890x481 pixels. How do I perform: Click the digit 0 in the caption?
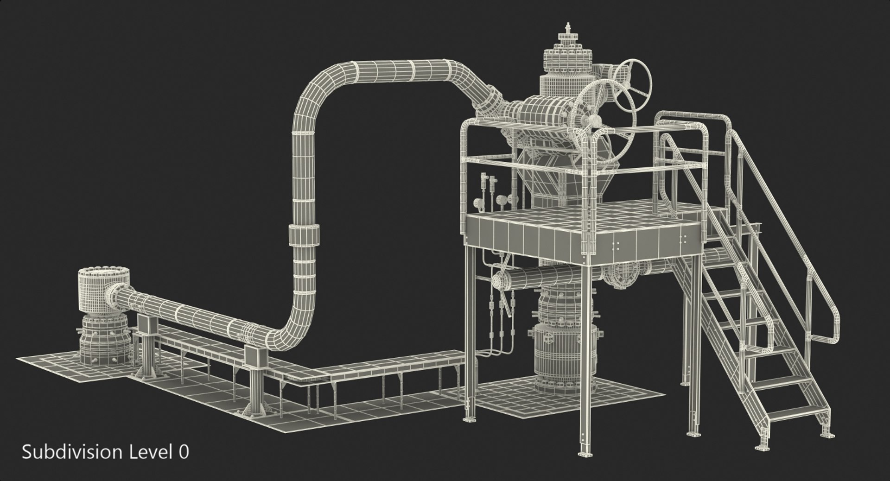tap(184, 452)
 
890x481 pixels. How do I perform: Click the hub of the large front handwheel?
tap(595, 121)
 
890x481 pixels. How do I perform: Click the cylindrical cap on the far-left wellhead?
tap(96, 291)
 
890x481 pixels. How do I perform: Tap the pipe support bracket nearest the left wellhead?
tap(146, 324)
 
